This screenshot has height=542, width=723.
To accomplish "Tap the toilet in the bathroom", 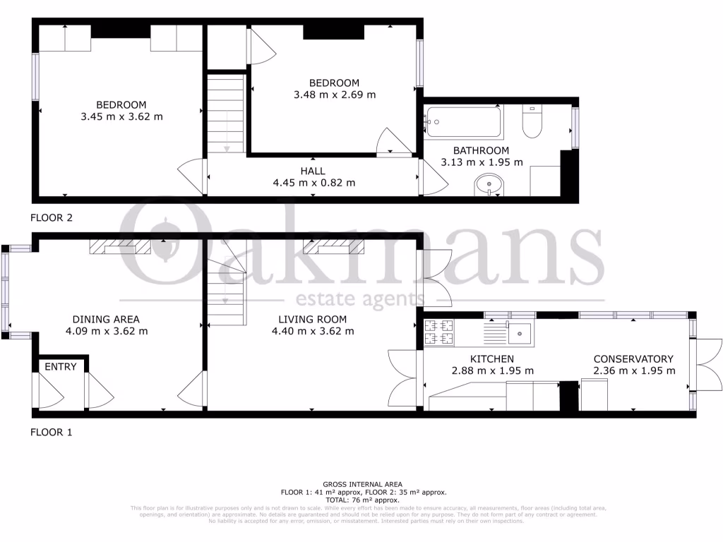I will click(531, 124).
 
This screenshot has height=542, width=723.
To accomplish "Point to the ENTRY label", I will click(60, 367).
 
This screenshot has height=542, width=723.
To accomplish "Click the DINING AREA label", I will click(107, 320).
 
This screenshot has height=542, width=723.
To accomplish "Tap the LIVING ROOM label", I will click(312, 320).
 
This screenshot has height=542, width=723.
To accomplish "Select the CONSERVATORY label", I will click(633, 359).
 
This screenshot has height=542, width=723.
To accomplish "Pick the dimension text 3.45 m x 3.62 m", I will click(121, 116).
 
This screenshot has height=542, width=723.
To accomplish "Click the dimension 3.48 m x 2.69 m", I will click(335, 94).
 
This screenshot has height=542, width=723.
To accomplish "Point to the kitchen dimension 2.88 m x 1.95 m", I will click(492, 371).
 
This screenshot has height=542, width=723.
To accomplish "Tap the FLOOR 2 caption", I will click(51, 217).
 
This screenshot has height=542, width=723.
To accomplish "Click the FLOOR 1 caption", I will click(51, 432).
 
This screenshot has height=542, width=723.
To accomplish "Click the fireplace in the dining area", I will click(120, 246).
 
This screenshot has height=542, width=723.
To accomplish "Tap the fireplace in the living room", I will click(333, 246).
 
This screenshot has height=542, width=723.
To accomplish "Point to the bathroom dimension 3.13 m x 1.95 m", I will click(482, 162).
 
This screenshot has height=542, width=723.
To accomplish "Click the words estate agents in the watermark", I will click(360, 298).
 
